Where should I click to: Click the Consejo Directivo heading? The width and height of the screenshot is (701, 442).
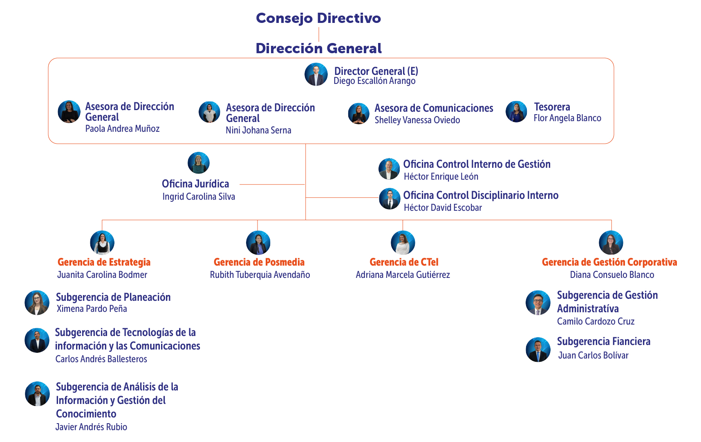coord(318,18)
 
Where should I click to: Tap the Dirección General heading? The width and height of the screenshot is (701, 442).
coord(318,49)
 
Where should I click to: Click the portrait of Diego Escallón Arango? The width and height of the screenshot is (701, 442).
coord(316,74)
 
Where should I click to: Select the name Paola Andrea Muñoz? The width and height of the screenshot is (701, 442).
coord(122,129)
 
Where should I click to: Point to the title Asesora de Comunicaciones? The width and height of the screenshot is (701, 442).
coord(434,108)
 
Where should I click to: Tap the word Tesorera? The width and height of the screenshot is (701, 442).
coord(552,107)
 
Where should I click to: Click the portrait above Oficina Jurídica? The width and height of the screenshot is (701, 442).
coord(199,163)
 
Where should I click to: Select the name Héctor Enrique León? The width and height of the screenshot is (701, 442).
coord(441,177)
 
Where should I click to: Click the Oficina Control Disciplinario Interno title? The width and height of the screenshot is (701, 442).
coord(481,196)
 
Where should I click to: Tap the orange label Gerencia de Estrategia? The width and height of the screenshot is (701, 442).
coord(104,262)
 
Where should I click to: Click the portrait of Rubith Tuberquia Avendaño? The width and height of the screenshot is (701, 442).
coord(258,243)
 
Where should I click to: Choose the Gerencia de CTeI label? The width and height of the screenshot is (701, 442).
coord(404,262)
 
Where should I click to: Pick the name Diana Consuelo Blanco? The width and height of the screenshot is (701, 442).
coord(612,275)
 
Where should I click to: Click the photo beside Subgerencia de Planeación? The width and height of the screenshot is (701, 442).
coord(37,303)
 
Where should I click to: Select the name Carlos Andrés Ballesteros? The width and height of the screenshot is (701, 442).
coord(101,359)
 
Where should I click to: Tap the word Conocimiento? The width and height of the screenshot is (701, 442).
coord(86,414)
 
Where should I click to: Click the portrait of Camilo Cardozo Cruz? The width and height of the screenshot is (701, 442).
coord(538,303)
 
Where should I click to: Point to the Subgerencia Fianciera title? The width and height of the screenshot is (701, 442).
coord(603,342)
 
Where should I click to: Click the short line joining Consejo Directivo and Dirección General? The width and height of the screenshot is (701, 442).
coord(319,34)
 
